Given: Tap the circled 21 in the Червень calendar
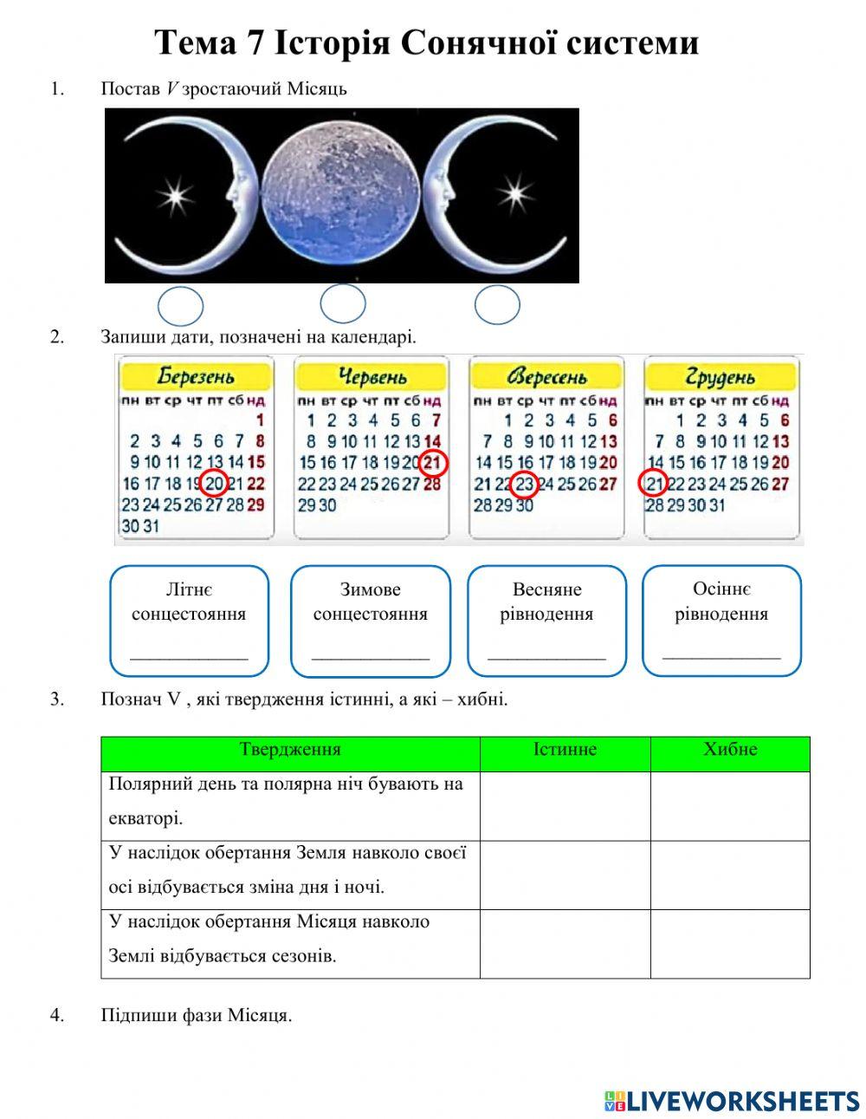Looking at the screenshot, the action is [432, 462].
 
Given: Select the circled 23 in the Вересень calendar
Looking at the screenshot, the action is [524, 484].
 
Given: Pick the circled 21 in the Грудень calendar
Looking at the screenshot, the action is [653, 483].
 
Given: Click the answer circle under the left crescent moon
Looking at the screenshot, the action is [180, 306].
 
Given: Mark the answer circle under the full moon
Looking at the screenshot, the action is [342, 304].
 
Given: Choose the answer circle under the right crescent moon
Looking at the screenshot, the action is [497, 305].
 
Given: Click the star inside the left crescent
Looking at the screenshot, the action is [175, 196].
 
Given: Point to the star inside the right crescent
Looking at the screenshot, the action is [514, 193].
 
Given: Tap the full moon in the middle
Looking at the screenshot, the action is [341, 196].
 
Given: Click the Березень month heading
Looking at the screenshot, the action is [195, 375].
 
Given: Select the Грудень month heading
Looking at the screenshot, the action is [720, 376].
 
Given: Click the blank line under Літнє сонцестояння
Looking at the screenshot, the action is [189, 659].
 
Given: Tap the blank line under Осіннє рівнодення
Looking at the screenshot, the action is [721, 658].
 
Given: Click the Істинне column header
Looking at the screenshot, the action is [565, 749].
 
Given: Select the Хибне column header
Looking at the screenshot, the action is [730, 749].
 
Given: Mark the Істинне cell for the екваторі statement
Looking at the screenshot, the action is [565, 806].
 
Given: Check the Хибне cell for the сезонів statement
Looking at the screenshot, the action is [730, 944].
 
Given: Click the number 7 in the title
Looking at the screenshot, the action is [253, 42].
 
